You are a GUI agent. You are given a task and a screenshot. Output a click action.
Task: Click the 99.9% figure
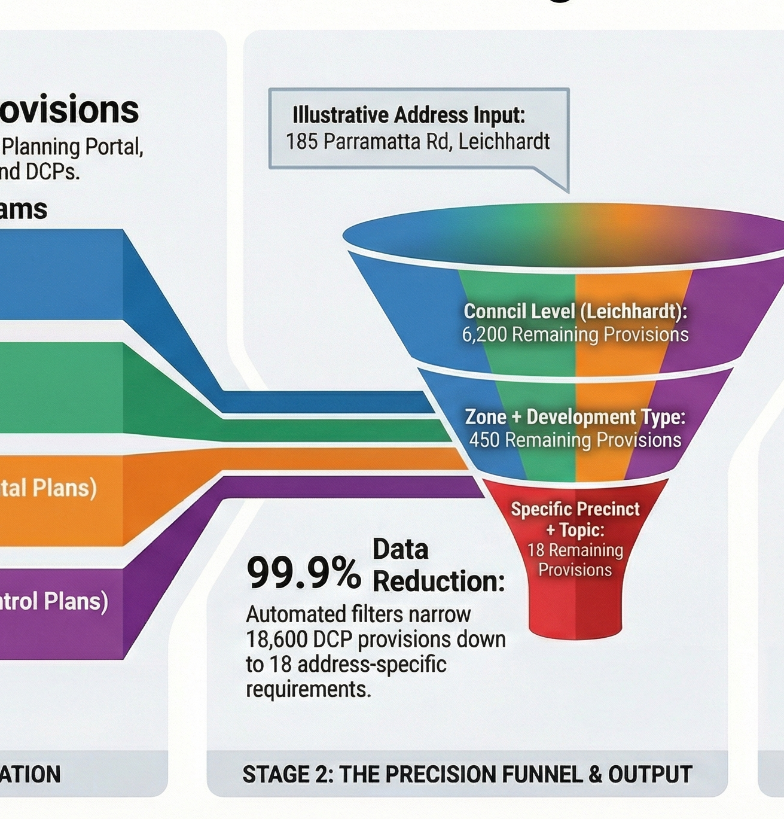click(303, 573)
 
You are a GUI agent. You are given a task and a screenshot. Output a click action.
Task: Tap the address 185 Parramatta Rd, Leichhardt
click(417, 142)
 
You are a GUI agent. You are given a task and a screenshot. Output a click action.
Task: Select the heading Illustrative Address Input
click(408, 115)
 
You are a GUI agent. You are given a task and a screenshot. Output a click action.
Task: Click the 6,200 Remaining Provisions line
click(575, 334)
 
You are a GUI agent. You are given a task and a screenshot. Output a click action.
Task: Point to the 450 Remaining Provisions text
click(575, 440)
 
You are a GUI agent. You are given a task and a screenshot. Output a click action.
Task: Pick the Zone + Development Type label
click(575, 417)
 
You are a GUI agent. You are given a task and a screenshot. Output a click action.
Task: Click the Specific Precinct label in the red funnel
click(575, 509)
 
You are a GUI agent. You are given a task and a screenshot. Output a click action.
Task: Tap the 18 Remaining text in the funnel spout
click(575, 550)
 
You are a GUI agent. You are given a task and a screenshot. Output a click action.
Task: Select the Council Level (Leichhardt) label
click(575, 311)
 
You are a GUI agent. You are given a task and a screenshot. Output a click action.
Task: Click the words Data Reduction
click(438, 566)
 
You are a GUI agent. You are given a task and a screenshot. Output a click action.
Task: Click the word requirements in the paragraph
click(308, 689)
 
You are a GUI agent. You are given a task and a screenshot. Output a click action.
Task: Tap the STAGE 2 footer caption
click(467, 774)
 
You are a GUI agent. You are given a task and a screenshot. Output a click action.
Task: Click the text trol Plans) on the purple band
click(54, 601)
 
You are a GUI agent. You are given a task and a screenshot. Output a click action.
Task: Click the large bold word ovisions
click(69, 109)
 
